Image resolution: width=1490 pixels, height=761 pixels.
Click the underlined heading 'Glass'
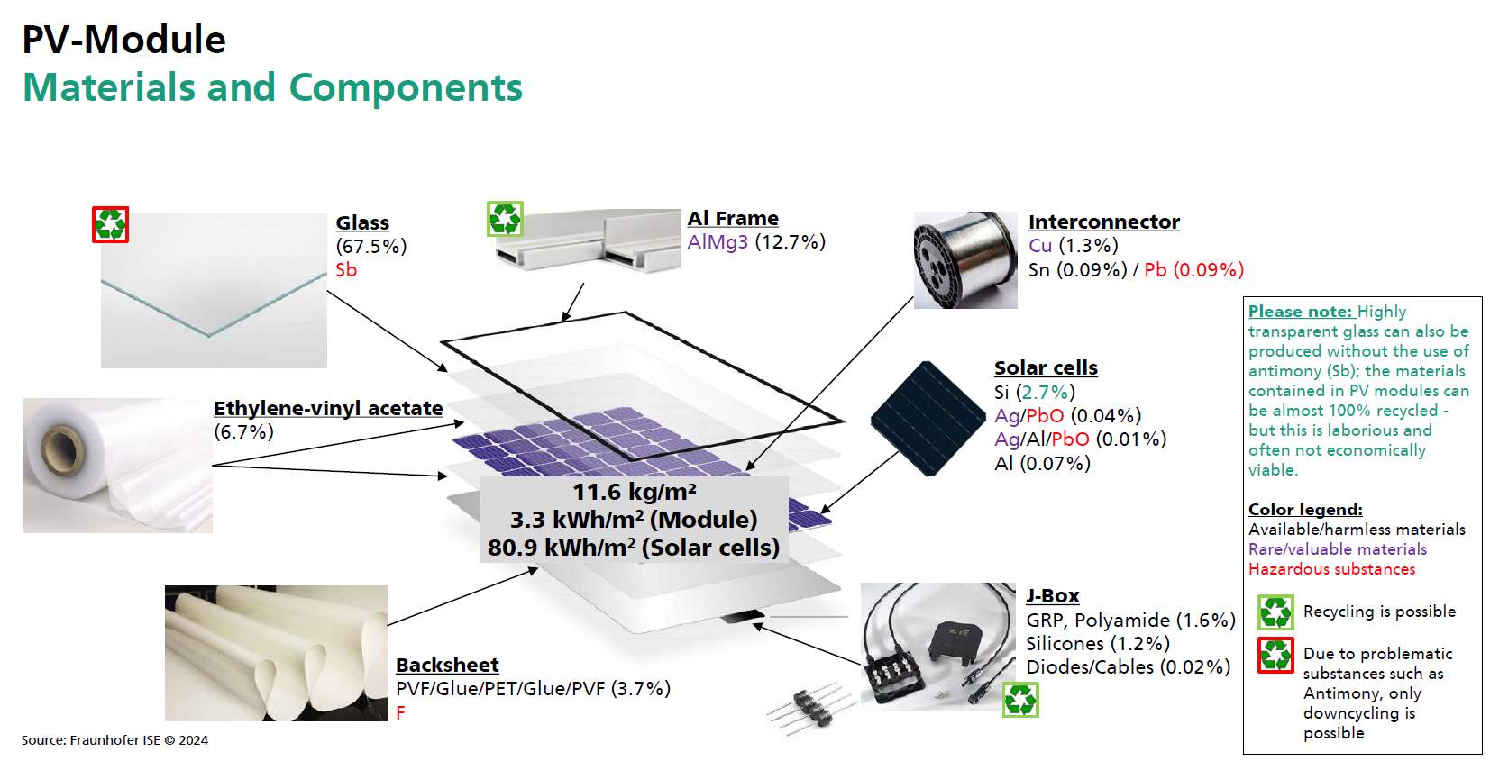pyautogui.click(x=362, y=222)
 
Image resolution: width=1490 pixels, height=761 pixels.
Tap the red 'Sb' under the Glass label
pyautogui.click(x=346, y=270)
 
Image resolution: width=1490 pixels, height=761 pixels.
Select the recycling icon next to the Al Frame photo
pyautogui.click(x=505, y=219)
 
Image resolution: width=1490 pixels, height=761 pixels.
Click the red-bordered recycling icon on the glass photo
pyautogui.click(x=110, y=224)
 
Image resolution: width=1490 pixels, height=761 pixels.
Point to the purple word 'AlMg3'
pyautogui.click(x=718, y=242)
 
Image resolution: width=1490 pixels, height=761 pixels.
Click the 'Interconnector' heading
pyautogui.click(x=1103, y=222)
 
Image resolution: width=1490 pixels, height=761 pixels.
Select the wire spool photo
pyautogui.click(x=965, y=260)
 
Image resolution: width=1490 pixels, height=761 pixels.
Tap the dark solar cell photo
pyautogui.click(x=928, y=419)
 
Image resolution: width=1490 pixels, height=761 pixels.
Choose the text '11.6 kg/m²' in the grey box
pyautogui.click(x=635, y=492)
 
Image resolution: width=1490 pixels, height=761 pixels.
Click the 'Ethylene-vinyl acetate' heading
pyautogui.click(x=328, y=408)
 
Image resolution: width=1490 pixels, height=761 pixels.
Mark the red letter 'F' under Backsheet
pyautogui.click(x=400, y=712)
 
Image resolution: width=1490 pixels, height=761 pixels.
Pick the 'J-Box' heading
pyautogui.click(x=1052, y=595)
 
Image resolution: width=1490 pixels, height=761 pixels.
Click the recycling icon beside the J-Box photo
pyautogui.click(x=1021, y=700)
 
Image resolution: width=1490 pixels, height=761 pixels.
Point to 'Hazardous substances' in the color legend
pyautogui.click(x=1331, y=569)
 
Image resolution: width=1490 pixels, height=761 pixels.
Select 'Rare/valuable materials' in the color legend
pyautogui.click(x=1338, y=549)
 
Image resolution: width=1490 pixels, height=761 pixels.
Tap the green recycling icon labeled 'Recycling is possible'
pyautogui.click(x=1275, y=612)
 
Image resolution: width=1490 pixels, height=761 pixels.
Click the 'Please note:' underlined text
pyautogui.click(x=1300, y=312)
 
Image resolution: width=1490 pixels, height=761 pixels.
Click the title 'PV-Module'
pyautogui.click(x=123, y=40)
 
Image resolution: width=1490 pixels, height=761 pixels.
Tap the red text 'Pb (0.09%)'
pyautogui.click(x=1193, y=270)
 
